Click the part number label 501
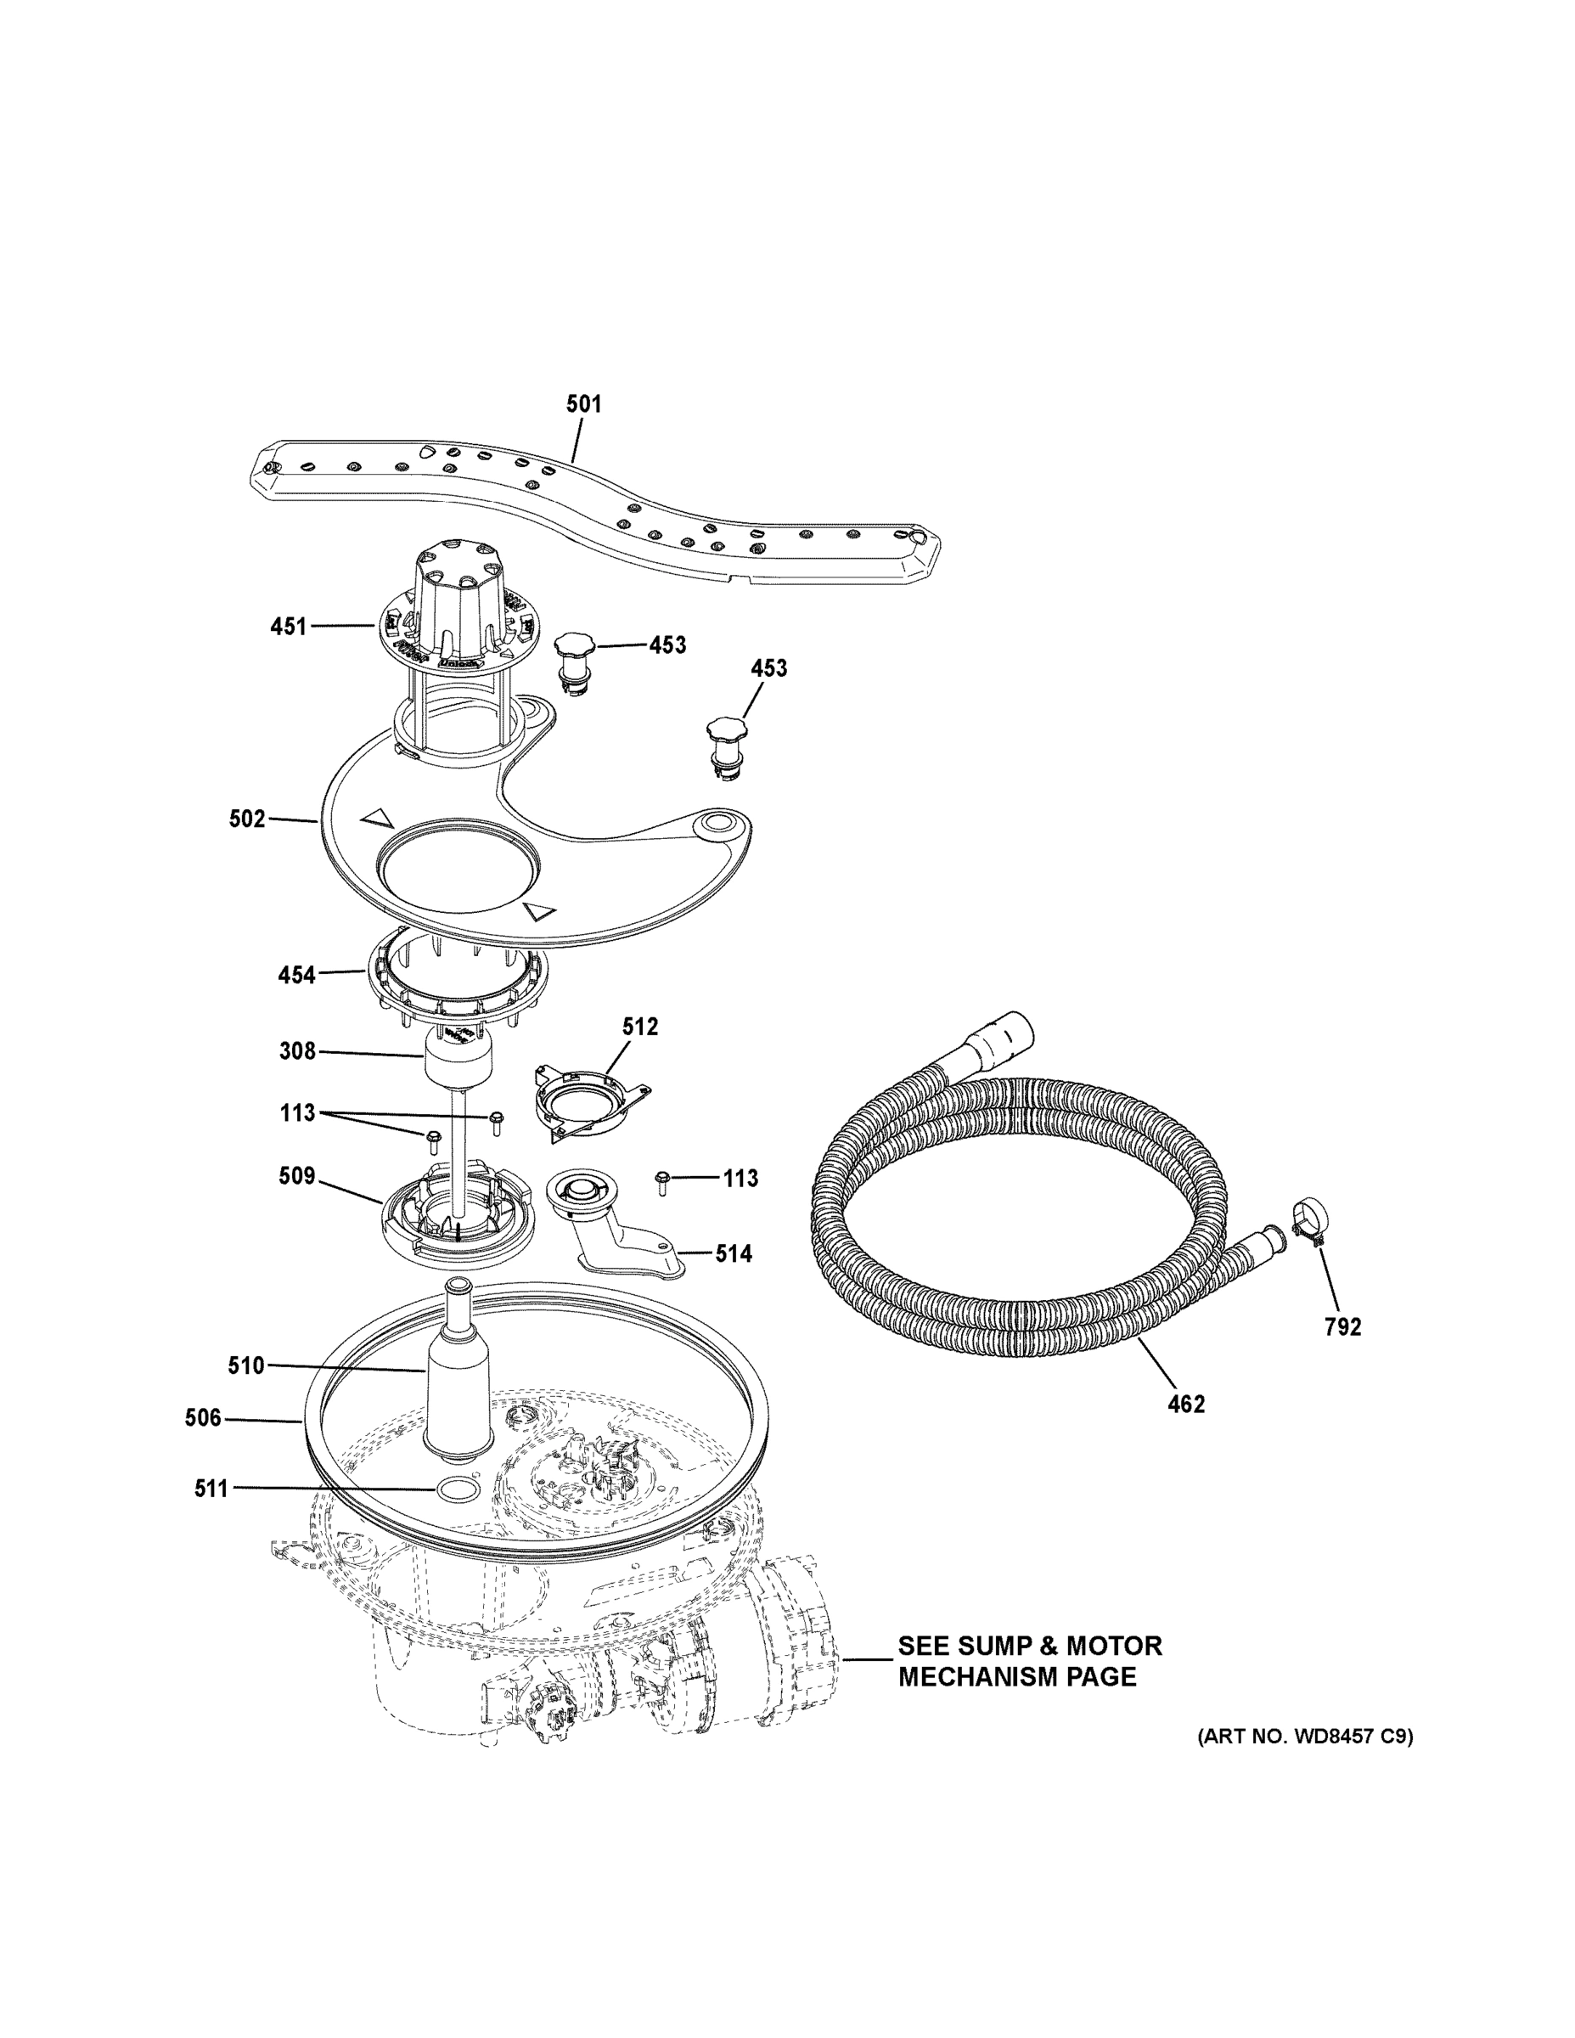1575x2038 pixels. click(x=584, y=404)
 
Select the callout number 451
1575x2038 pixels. click(x=289, y=626)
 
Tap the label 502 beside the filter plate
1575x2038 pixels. click(x=247, y=819)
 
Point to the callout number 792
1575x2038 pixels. click(x=1342, y=1326)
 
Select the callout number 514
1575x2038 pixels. click(x=734, y=1254)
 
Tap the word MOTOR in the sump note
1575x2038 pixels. click(x=1111, y=1645)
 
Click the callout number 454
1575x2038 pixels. click(x=295, y=975)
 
